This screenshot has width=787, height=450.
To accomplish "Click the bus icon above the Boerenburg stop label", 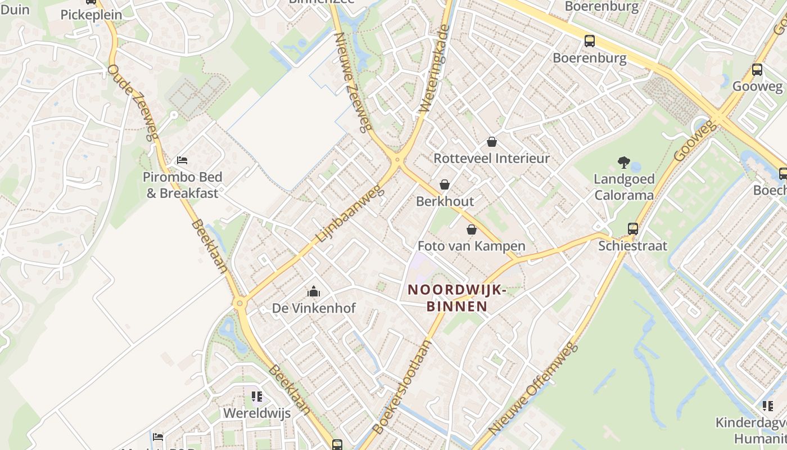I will click(x=589, y=41).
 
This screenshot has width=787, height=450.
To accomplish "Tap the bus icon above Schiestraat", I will click(x=633, y=229).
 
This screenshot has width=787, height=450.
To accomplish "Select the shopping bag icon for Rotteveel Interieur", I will click(x=492, y=142).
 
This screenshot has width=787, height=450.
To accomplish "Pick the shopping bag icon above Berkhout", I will click(x=445, y=184).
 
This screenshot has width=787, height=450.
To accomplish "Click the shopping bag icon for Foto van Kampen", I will click(x=472, y=229).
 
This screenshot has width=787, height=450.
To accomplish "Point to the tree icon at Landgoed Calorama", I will click(x=623, y=163).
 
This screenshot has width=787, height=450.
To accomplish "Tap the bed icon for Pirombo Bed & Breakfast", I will click(x=182, y=160).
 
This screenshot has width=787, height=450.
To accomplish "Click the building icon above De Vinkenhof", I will click(x=314, y=291).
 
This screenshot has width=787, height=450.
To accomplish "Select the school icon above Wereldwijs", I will click(x=257, y=397).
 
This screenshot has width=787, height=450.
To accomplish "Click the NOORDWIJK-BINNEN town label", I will click(x=456, y=298).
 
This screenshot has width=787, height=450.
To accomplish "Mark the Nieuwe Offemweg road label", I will click(x=533, y=388).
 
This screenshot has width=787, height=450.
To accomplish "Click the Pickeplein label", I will click(x=91, y=15).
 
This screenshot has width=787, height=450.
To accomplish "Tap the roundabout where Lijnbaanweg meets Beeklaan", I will click(x=240, y=304).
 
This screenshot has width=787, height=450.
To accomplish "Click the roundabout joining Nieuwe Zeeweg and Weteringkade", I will click(x=397, y=160).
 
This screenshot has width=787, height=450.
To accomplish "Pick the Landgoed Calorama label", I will click(x=624, y=187).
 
